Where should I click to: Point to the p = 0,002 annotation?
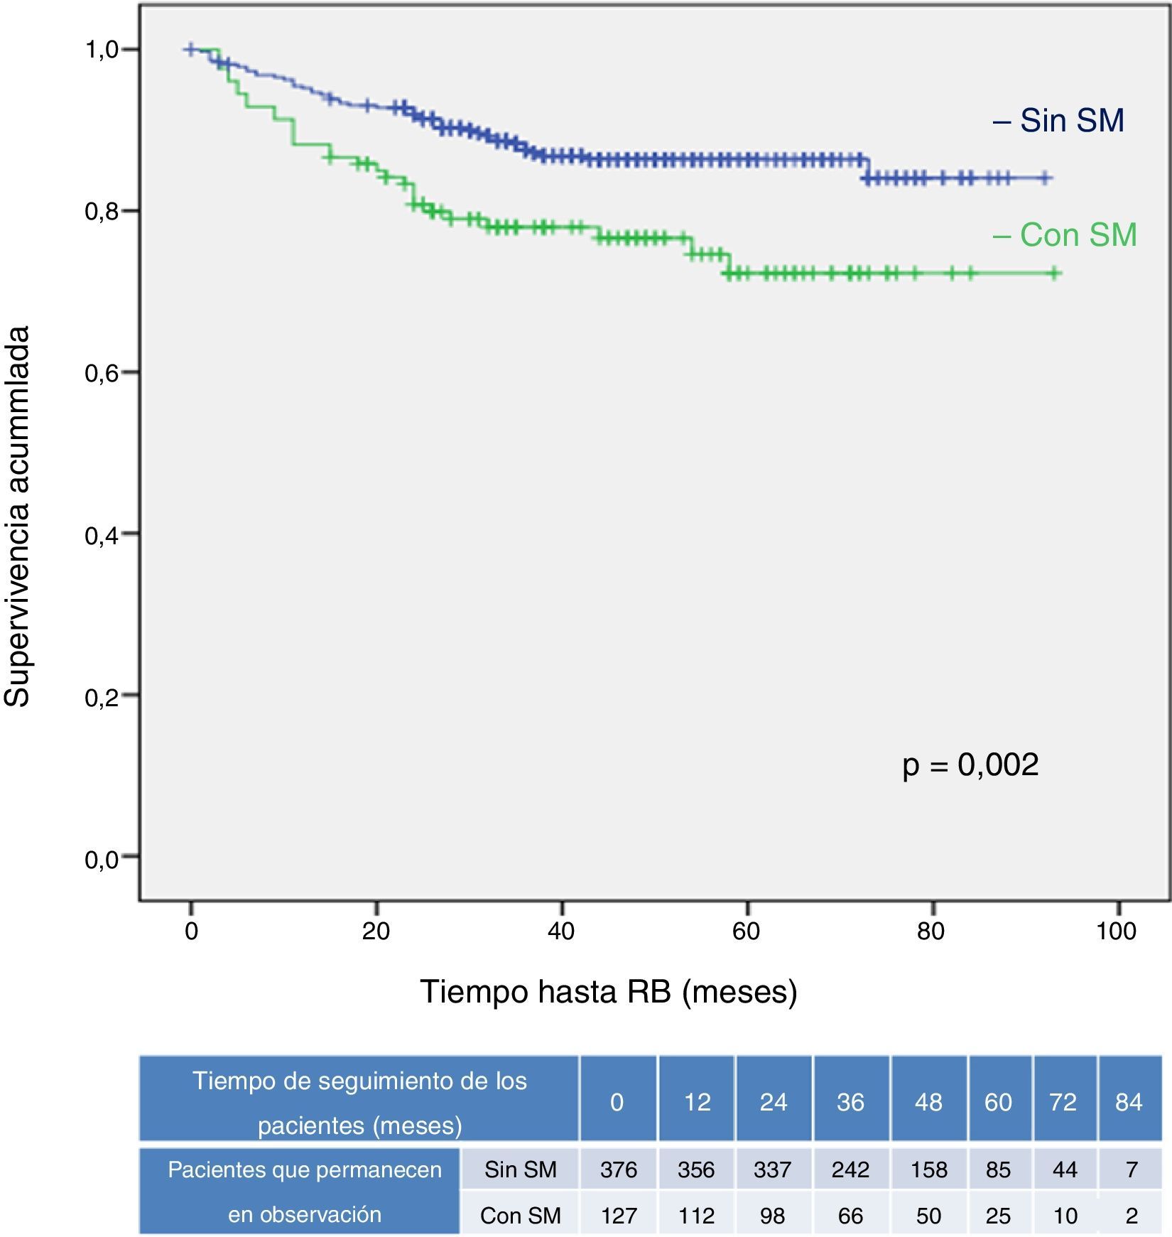[970, 765]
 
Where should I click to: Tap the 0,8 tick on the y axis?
[102, 211]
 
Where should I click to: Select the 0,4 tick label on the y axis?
[102, 534]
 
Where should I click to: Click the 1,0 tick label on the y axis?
[102, 50]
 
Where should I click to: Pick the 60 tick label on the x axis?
[747, 931]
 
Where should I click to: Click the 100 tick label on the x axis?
[1117, 931]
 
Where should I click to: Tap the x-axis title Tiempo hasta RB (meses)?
[609, 991]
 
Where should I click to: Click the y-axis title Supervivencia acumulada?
[17, 516]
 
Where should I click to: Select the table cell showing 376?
[618, 1170]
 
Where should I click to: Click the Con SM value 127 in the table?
[618, 1216]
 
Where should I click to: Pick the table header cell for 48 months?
[928, 1102]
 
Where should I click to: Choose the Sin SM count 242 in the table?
[850, 1170]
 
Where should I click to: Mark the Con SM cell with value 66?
[850, 1216]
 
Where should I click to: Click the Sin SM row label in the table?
[520, 1170]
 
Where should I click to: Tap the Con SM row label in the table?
[520, 1216]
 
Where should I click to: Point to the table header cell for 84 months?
[1129, 1102]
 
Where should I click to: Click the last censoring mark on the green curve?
[1055, 274]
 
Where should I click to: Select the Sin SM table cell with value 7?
[1131, 1170]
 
